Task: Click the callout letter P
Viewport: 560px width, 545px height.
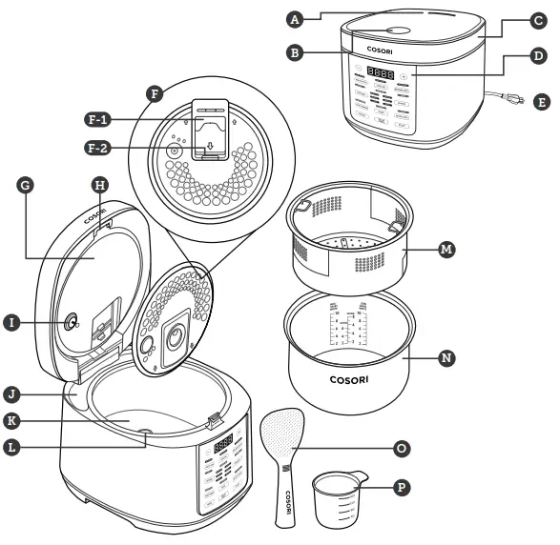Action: [x=402, y=487]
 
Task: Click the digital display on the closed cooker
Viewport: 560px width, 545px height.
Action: [x=382, y=73]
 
